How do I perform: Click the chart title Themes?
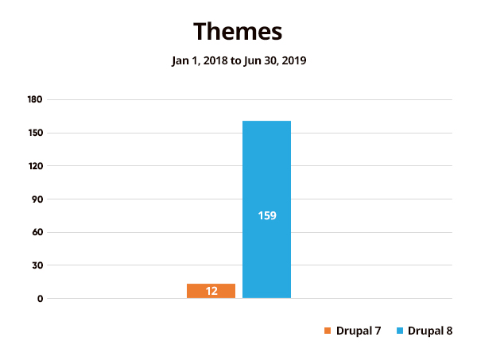238,31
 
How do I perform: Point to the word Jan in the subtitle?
180,61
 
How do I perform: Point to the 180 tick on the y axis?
34,99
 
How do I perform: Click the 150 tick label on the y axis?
34,133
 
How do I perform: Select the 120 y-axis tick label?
34,166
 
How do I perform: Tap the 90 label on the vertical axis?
37,199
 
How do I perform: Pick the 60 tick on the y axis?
37,233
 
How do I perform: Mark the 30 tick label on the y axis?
37,265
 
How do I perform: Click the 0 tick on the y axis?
39,299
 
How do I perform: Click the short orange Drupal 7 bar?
211,291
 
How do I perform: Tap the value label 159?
267,215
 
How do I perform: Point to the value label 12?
211,292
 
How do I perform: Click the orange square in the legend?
326,331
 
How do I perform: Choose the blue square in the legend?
400,331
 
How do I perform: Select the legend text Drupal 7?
358,331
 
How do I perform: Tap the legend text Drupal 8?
430,331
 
